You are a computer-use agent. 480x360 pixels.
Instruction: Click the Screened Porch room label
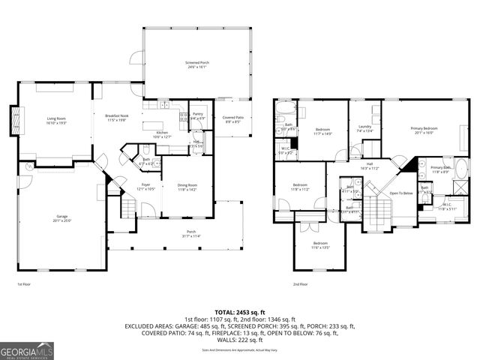click(x=196, y=62)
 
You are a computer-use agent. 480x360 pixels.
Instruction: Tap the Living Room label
click(x=57, y=118)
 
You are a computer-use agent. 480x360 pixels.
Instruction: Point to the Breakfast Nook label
click(x=117, y=115)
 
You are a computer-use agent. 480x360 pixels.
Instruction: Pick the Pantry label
click(x=197, y=114)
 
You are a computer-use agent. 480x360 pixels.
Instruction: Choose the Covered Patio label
click(x=231, y=118)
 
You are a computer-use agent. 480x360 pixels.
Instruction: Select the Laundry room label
click(x=365, y=127)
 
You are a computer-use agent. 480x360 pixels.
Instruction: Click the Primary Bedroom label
click(x=424, y=128)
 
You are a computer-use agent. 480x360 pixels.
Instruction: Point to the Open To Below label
click(x=400, y=193)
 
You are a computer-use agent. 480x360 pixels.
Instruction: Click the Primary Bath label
click(x=440, y=167)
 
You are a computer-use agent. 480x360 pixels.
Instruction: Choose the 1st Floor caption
click(x=24, y=284)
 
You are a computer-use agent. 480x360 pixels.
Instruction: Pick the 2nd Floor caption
click(x=301, y=284)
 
